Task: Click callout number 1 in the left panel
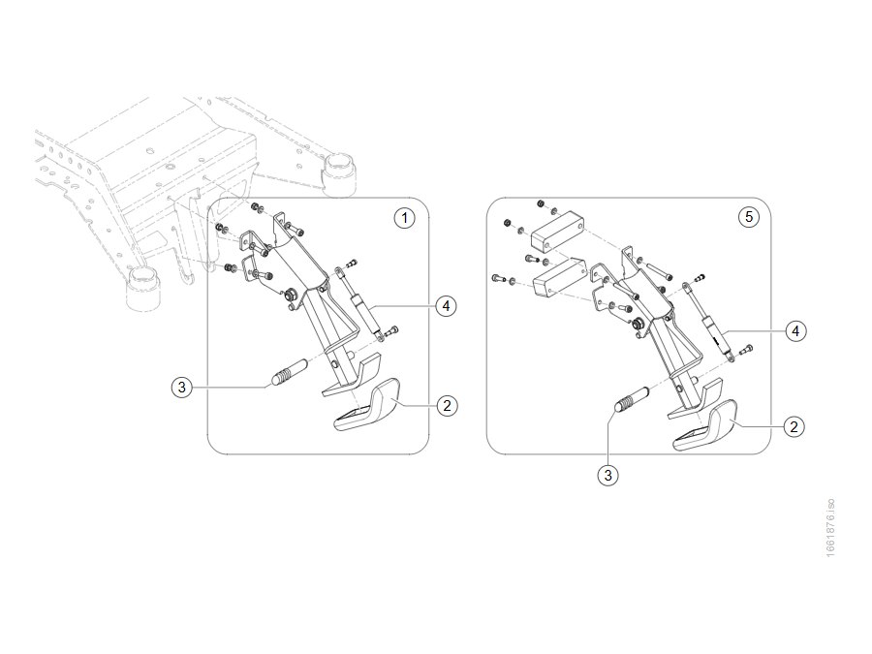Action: [x=404, y=217]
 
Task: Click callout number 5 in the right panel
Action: [x=749, y=216]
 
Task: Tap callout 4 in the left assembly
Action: [x=446, y=305]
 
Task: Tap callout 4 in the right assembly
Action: [x=795, y=331]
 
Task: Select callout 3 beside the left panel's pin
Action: [x=181, y=387]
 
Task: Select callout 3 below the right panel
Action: [x=607, y=475]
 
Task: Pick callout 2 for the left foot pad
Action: [x=447, y=405]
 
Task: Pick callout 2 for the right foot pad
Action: [x=794, y=426]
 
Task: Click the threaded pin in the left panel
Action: [x=289, y=372]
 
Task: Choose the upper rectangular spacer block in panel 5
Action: [x=558, y=235]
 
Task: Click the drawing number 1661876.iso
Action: [x=830, y=528]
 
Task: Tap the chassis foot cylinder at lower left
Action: [x=143, y=287]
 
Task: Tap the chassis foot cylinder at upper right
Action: [x=339, y=174]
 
